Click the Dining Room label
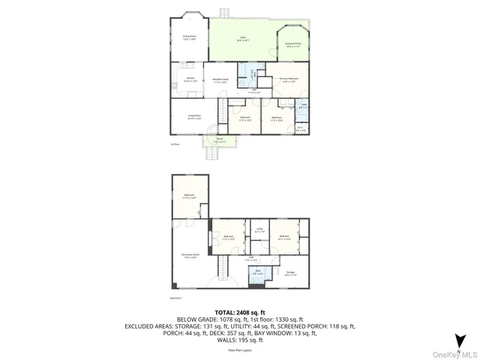(x=188, y=37)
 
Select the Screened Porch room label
(x=293, y=45)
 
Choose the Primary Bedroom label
(x=289, y=79)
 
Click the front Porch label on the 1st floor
(x=220, y=141)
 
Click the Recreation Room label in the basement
(x=190, y=255)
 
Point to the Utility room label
(x=259, y=231)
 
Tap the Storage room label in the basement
(x=290, y=272)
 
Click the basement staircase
(x=223, y=267)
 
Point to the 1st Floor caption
(x=175, y=143)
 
